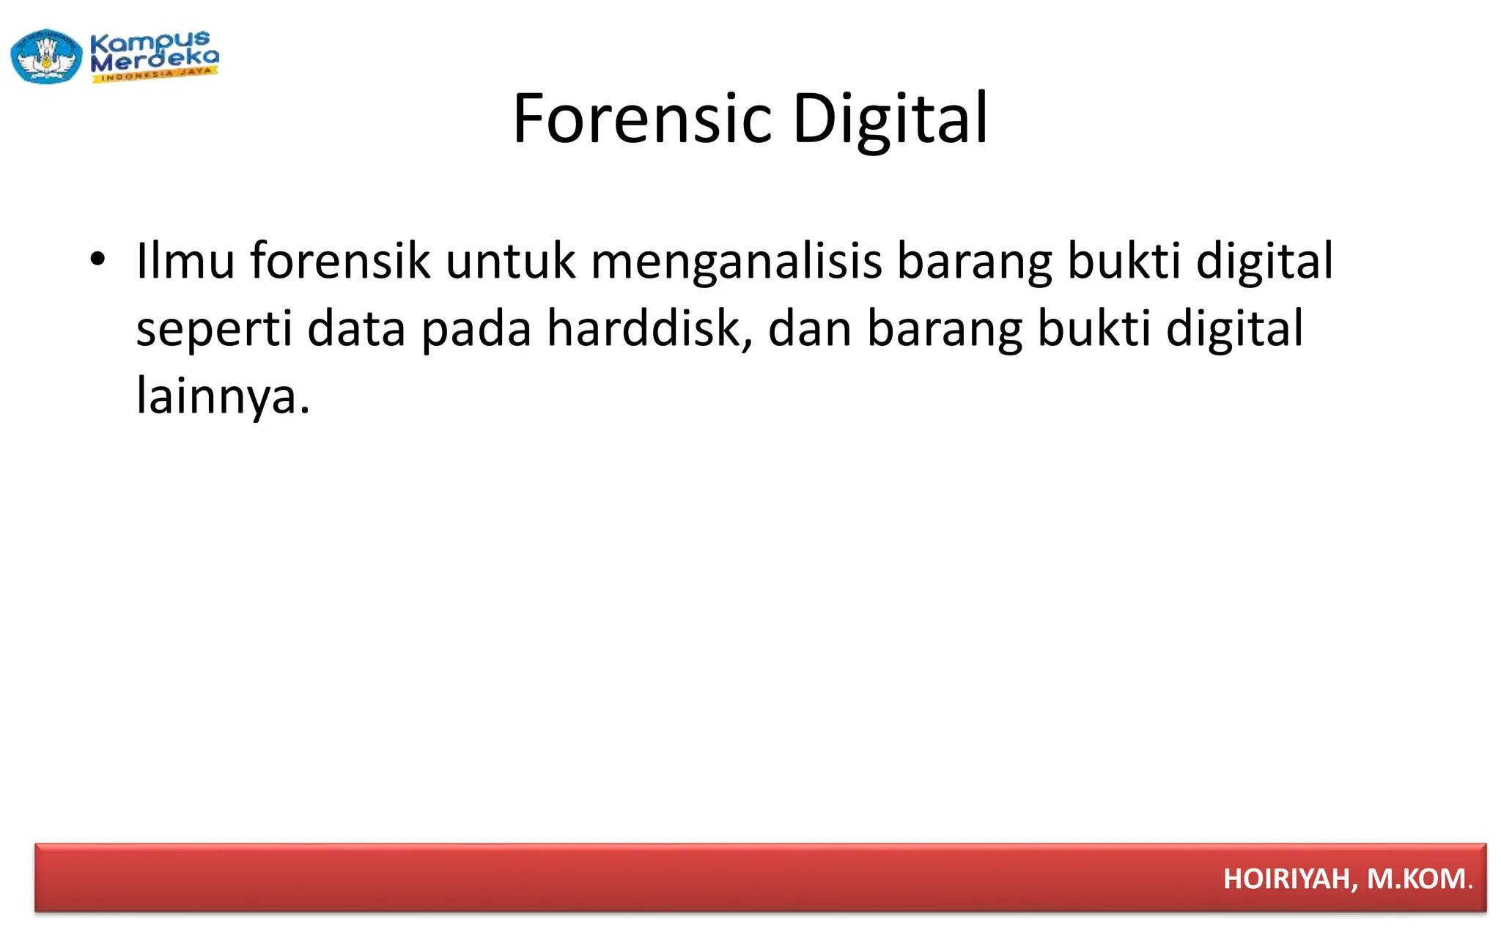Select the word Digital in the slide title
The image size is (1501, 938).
(890, 119)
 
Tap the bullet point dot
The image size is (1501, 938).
(97, 259)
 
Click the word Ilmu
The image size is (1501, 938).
(185, 261)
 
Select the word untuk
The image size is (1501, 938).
(510, 261)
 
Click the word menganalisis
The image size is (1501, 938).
(736, 262)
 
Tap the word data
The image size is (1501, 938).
(356, 328)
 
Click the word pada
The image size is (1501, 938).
(476, 330)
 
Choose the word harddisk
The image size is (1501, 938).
(645, 328)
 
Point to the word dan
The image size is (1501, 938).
(809, 328)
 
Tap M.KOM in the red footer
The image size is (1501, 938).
(1416, 879)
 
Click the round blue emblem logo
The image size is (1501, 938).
(46, 56)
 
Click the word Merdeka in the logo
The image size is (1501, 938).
(155, 60)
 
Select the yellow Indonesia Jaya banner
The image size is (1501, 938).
(155, 75)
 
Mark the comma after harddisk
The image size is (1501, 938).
(748, 344)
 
